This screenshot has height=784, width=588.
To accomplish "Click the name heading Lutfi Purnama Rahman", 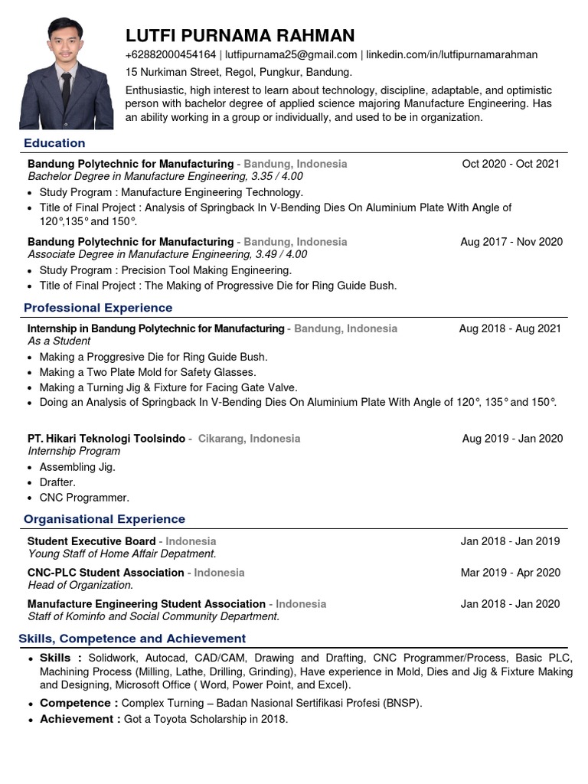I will coord(240,35).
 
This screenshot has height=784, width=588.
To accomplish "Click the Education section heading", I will coord(54,143).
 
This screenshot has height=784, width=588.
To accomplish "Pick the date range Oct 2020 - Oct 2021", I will coord(511,164).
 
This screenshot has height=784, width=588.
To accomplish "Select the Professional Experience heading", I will coord(98,308).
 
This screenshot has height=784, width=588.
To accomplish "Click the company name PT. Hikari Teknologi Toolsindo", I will coord(106,439).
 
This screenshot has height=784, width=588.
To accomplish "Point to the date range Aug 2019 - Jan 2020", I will coord(512,439).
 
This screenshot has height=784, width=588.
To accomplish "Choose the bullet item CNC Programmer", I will coord(84,498).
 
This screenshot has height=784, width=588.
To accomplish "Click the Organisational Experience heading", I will coord(104,519).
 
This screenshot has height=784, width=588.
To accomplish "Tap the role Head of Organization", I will coord(80,585).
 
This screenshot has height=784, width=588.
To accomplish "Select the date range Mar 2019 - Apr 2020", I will coord(510,573).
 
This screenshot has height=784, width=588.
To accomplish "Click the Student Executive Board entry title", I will coord(91,541).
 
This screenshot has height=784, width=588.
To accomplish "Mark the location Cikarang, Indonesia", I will coord(249,439).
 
